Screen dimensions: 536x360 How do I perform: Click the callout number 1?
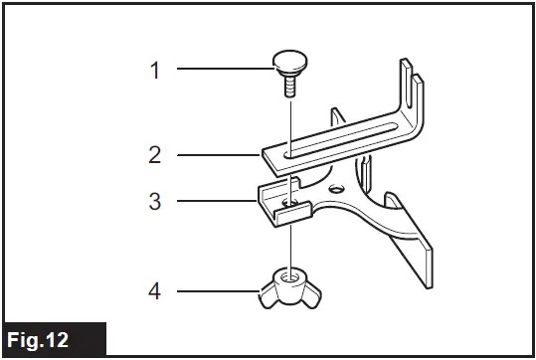(154, 70)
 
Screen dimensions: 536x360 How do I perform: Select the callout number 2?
(154, 155)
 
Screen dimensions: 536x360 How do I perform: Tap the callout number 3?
(154, 201)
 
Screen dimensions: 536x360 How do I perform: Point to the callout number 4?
(154, 291)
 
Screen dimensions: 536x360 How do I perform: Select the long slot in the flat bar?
(338, 139)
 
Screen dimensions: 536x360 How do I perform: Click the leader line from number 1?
(224, 70)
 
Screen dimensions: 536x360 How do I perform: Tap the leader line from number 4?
(214, 291)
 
